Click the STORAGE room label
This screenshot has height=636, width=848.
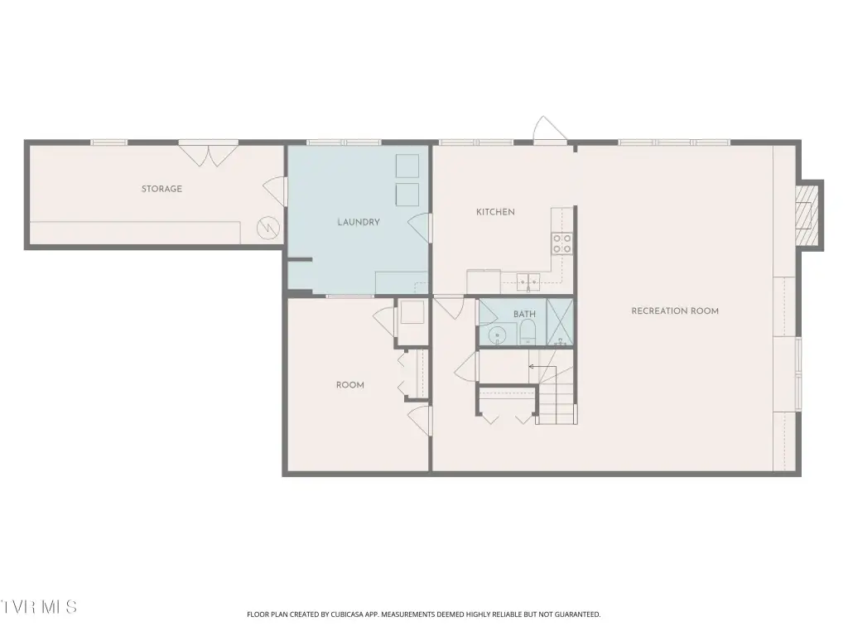tap(161, 189)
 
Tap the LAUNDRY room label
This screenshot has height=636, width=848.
tap(359, 222)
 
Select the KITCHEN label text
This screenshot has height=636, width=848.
tap(495, 212)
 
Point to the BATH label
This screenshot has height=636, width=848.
tap(524, 314)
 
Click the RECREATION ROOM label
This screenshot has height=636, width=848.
tap(675, 311)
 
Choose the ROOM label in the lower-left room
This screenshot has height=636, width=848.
tap(350, 385)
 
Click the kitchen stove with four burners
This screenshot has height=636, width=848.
tap(562, 243)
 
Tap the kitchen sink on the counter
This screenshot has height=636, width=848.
tap(528, 280)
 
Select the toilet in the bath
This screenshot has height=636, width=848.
tap(527, 331)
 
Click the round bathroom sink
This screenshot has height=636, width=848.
tap(497, 336)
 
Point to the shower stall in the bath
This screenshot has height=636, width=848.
tap(559, 321)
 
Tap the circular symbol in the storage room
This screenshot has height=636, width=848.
tap(267, 228)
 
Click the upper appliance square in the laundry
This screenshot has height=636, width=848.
tap(407, 166)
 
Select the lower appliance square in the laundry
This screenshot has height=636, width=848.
tap(407, 195)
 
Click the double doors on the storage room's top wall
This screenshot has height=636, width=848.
tap(208, 154)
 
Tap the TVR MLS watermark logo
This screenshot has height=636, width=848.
tap(38, 607)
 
